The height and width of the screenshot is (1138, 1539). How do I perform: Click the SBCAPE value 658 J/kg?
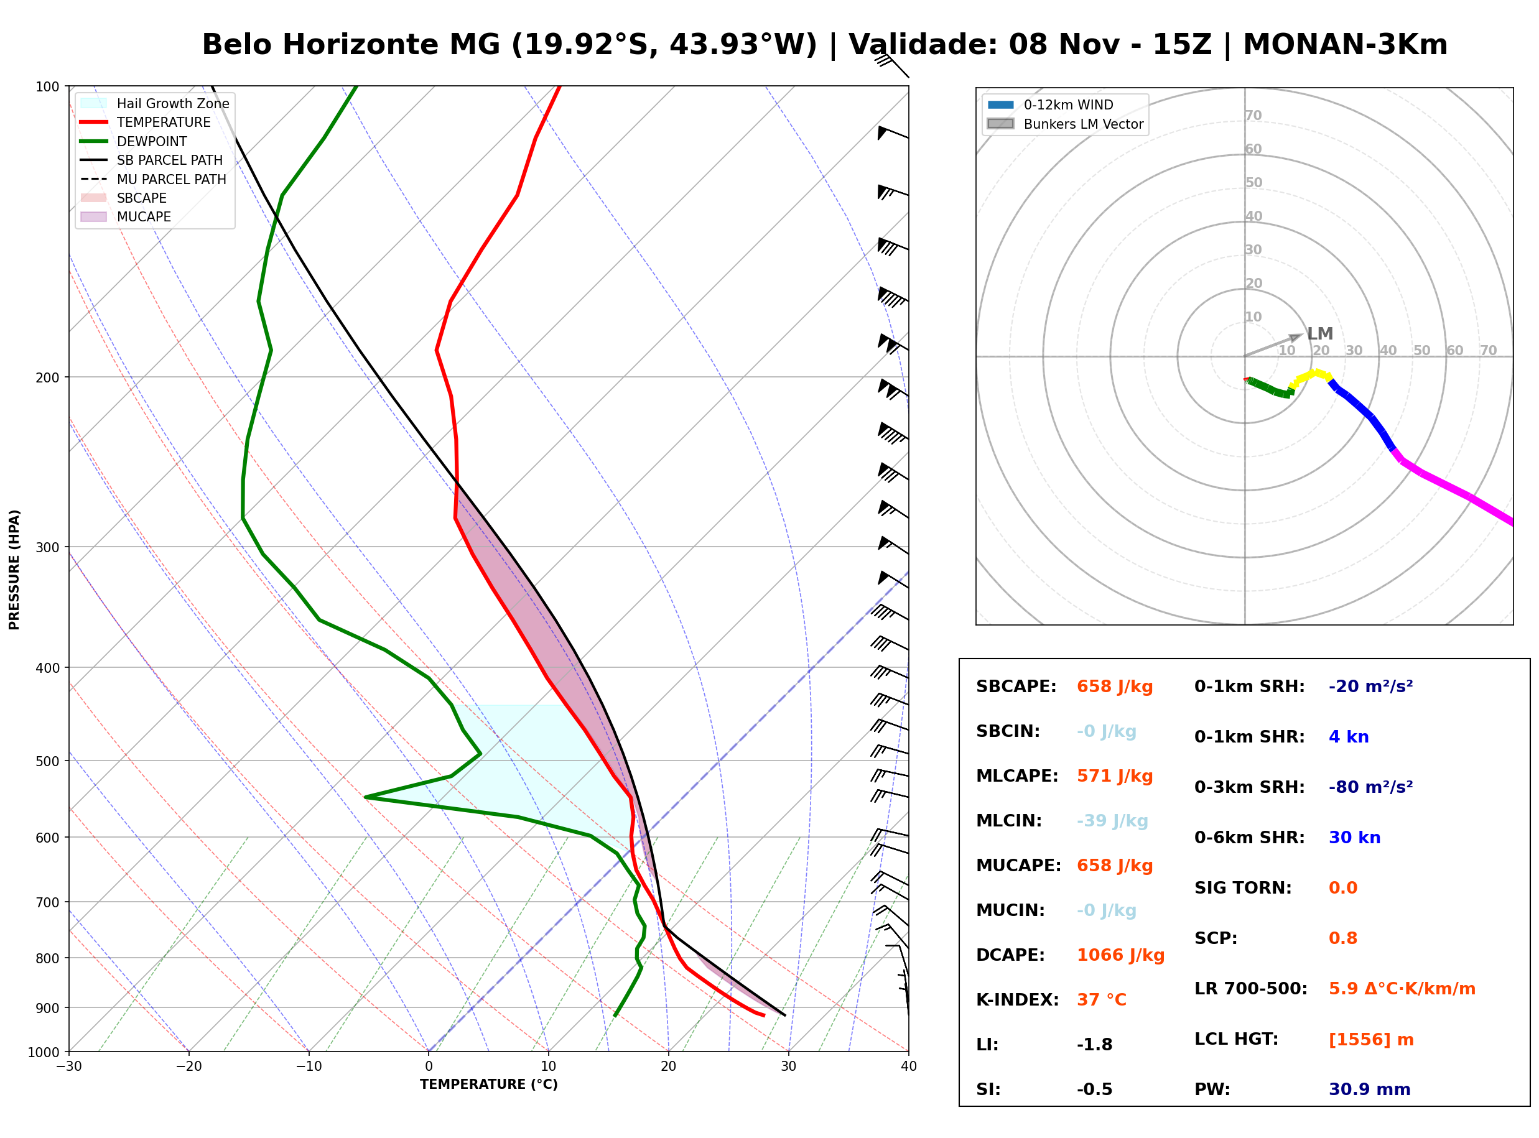pyautogui.click(x=1115, y=687)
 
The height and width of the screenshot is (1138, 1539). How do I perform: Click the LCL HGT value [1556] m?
pyautogui.click(x=1371, y=1040)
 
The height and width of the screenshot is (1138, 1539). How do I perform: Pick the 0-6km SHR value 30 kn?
pyautogui.click(x=1354, y=838)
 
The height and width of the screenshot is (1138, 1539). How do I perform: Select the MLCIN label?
pyautogui.click(x=1008, y=821)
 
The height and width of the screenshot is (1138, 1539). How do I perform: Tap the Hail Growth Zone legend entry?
pyautogui.click(x=156, y=103)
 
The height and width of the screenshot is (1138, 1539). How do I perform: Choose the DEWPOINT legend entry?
pyautogui.click(x=134, y=141)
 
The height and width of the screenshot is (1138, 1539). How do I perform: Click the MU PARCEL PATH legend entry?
pyautogui.click(x=154, y=179)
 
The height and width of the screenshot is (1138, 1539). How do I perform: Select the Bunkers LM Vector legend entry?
pyautogui.click(x=1065, y=124)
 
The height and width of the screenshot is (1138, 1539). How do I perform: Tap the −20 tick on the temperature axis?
pyautogui.click(x=188, y=1066)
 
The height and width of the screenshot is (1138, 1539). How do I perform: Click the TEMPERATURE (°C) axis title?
pyautogui.click(x=488, y=1085)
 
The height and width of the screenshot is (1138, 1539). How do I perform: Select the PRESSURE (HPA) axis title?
pyautogui.click(x=14, y=570)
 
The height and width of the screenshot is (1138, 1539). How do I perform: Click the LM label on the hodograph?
pyautogui.click(x=1320, y=334)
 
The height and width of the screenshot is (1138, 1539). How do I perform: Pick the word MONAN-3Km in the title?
pyautogui.click(x=1345, y=45)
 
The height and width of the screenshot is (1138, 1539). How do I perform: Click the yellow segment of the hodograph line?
pyautogui.click(x=1310, y=377)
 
